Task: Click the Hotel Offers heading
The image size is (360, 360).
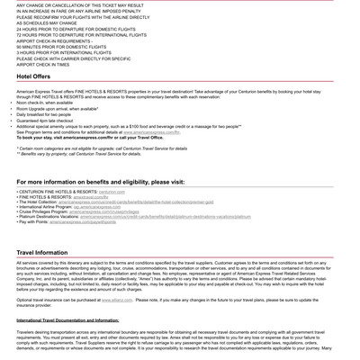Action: (33, 77)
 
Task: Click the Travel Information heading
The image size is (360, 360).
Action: (41, 253)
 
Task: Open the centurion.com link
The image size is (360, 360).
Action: (112, 192)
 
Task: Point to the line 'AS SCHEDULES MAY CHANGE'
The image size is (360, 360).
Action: (47, 22)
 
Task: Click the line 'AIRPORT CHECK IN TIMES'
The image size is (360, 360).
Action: (42, 65)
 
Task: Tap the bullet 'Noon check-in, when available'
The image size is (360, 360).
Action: (45, 103)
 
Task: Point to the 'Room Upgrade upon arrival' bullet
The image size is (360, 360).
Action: (57, 108)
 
